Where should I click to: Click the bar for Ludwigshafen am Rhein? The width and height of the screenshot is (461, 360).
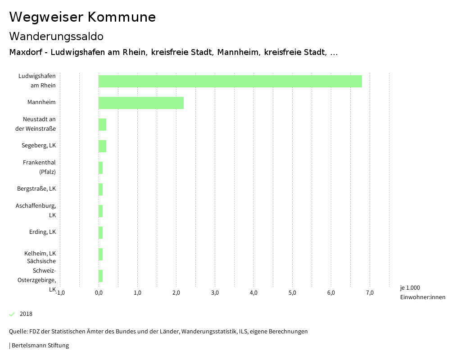coord(230,81)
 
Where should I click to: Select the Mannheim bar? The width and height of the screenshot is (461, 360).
coord(141,103)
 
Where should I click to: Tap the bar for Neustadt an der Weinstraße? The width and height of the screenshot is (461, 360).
coord(102,124)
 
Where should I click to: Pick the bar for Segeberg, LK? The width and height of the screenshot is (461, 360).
coord(102,146)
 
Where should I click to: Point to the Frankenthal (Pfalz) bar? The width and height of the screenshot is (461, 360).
coord(101,168)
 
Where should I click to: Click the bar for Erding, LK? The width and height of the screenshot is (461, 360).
coord(101,232)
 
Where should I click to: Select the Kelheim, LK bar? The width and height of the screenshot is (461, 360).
coord(101,254)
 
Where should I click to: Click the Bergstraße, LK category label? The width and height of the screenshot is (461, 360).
coord(36,188)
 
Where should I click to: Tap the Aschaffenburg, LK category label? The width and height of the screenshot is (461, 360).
coord(36,210)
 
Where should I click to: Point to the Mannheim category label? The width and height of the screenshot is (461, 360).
coord(41,102)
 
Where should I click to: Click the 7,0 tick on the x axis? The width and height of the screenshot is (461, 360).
coord(370,293)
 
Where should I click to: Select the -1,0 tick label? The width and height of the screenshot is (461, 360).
coord(60,293)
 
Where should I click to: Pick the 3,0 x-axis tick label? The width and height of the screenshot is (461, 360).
coord(215,293)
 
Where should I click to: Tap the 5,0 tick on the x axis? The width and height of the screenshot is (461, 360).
coord(292,293)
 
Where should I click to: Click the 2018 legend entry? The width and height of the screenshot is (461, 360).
coord(26,314)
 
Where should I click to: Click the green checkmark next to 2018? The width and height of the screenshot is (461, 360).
coord(12,314)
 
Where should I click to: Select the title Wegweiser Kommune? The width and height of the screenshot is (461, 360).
coord(82,17)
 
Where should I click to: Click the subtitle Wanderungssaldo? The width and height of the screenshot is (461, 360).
coord(56,36)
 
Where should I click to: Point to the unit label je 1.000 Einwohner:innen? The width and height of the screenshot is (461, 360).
coord(422,292)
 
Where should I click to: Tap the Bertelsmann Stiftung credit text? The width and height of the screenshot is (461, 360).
coord(40,346)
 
